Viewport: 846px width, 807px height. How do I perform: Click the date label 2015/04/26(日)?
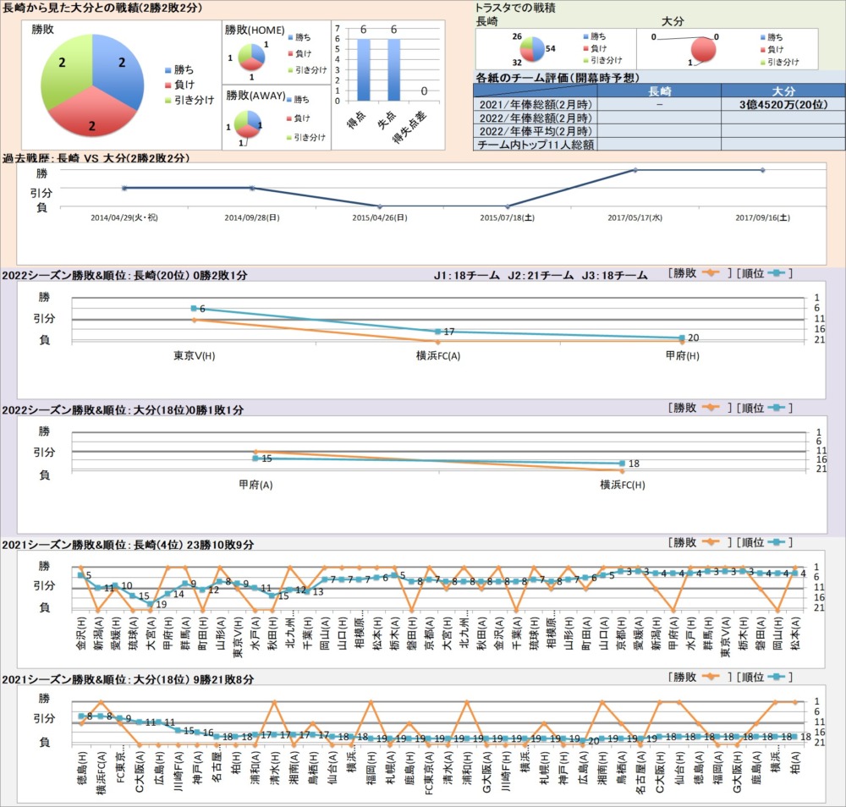click(380, 217)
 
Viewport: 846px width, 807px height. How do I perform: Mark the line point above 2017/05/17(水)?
click(635, 170)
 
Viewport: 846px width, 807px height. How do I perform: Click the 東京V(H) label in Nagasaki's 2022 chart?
click(194, 355)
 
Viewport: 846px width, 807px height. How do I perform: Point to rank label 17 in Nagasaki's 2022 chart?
click(449, 332)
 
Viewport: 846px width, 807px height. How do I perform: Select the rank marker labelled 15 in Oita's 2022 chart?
click(255, 458)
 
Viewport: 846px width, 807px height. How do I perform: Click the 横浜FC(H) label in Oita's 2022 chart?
click(622, 485)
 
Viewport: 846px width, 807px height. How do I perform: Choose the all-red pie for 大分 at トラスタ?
click(703, 49)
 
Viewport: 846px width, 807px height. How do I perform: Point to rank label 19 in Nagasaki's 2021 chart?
click(161, 604)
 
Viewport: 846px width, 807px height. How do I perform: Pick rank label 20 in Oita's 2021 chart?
click(593, 741)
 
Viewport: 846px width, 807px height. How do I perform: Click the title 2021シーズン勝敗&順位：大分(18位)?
click(128, 679)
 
